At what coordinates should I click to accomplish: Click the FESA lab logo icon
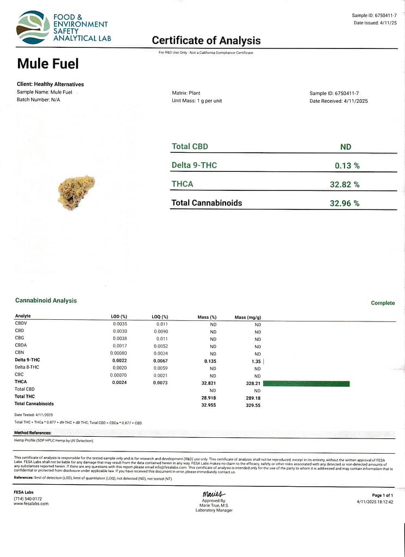pos(33,27)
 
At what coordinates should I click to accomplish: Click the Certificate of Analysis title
pos(206,41)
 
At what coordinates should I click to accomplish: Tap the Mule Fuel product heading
pos(48,64)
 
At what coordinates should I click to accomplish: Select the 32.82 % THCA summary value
pos(345,184)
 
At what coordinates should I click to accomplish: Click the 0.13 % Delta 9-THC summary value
pos(347,165)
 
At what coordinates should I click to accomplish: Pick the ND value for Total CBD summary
pos(345,147)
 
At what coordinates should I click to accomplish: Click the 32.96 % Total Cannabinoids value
pos(345,203)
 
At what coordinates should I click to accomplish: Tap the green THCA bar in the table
pos(306,383)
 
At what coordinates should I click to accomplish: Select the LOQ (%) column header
pos(160,317)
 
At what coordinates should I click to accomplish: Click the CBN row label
pos(20,353)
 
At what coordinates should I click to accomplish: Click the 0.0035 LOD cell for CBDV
pos(120,324)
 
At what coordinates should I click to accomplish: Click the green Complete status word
pos(383,303)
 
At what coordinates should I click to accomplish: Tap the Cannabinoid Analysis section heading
pos(46,301)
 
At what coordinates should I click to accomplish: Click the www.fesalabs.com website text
pos(31,504)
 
